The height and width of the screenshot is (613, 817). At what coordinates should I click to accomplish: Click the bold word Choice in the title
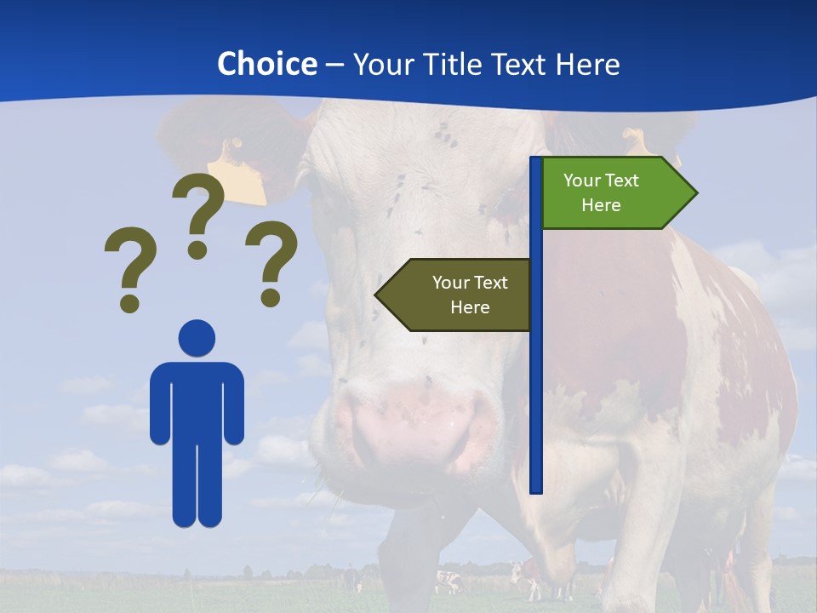(266, 64)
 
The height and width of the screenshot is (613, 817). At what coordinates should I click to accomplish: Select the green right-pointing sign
(608, 193)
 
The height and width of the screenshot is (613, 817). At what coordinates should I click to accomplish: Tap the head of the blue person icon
(197, 338)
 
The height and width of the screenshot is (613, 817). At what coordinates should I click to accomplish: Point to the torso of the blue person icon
(197, 400)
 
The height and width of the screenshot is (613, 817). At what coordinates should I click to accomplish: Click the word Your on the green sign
(583, 180)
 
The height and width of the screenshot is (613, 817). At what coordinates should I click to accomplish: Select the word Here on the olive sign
(470, 307)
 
